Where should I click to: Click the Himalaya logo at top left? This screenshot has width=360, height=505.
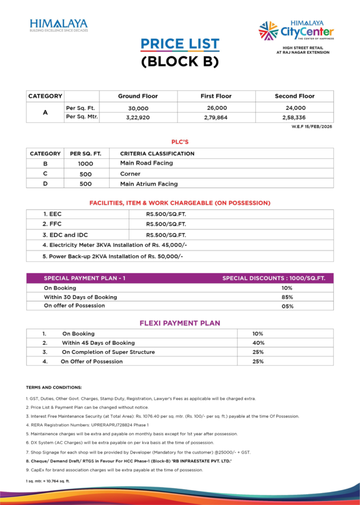58,25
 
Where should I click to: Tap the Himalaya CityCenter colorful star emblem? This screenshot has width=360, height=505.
268,31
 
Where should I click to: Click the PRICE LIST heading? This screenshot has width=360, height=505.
180,44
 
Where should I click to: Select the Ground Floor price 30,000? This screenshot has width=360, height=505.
138,108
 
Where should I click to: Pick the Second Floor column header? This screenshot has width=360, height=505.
294,96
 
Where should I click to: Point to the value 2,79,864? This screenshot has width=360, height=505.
216,118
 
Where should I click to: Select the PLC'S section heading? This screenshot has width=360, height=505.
180,142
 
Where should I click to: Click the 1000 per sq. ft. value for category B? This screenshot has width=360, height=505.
85,164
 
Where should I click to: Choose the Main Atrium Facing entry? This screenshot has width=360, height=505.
148,184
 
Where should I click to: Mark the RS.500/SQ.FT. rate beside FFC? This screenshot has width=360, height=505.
166,224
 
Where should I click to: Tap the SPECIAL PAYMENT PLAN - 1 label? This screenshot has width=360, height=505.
84,278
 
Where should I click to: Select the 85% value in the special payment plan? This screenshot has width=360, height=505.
288,297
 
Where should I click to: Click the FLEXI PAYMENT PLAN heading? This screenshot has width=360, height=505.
180,323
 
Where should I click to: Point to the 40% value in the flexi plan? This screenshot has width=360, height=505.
258,343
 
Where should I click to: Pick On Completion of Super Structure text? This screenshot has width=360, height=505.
108,352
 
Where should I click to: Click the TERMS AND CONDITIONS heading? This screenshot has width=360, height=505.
54,388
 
